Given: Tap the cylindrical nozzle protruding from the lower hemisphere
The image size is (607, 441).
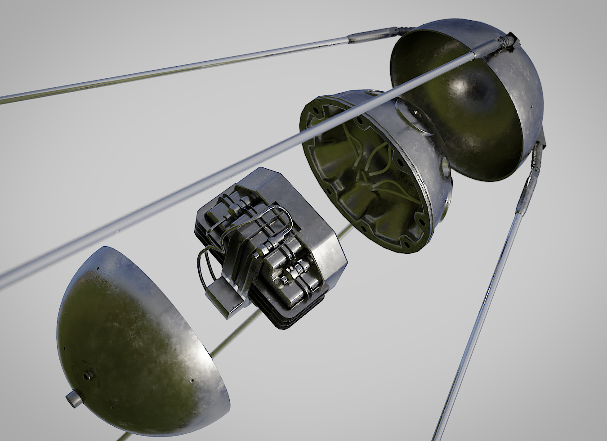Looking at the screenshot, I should [73, 399].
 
